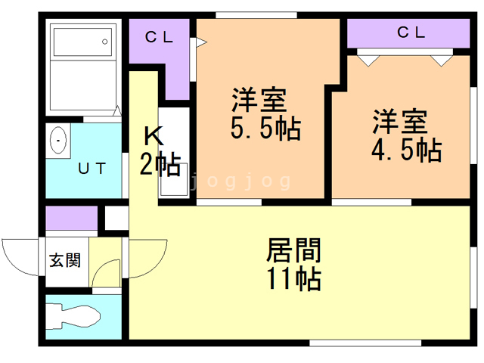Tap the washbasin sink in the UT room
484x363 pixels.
(58, 141)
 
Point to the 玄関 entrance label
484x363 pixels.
(64, 261)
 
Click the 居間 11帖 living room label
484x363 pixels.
(294, 265)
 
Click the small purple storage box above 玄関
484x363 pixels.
(71, 219)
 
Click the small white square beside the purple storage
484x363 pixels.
(116, 218)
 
